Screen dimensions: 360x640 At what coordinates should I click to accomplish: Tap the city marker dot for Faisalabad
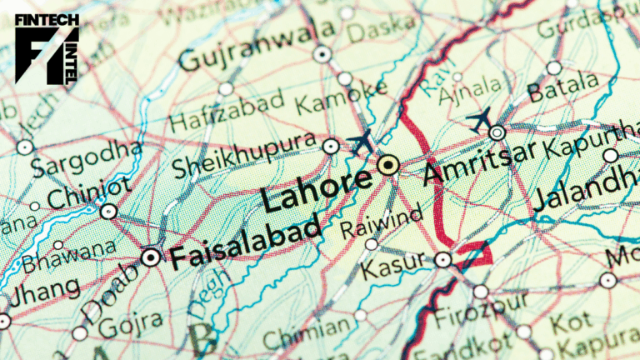(x=151, y=257)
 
